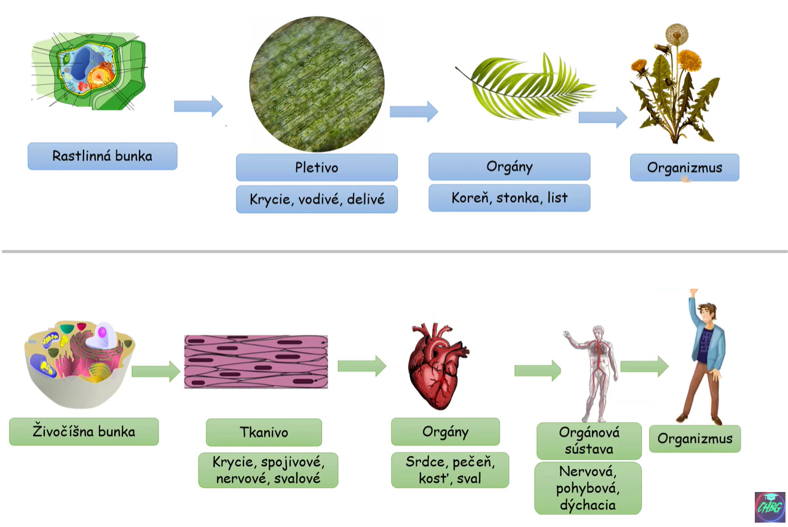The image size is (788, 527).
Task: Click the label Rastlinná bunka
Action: click(x=102, y=156)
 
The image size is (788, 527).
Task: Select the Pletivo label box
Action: click(x=317, y=167)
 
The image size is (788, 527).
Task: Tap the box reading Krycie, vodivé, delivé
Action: click(x=317, y=199)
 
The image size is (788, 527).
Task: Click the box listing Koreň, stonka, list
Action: click(x=509, y=198)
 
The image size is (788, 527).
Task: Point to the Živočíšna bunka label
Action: click(x=84, y=431)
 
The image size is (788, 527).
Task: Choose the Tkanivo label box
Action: click(x=264, y=432)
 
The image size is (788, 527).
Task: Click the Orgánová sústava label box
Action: click(x=589, y=440)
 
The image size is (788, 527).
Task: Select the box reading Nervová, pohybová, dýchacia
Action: click(x=588, y=488)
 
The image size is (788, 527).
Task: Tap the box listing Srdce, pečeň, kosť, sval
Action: click(x=450, y=470)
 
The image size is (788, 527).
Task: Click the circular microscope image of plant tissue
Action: click(x=317, y=84)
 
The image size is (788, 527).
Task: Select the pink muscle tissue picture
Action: click(x=256, y=362)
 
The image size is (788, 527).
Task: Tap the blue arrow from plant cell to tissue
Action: click(x=198, y=106)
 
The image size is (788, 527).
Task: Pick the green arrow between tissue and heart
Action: click(x=361, y=366)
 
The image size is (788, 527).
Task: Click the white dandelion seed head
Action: click(x=677, y=33)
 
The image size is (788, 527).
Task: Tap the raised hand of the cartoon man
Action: click(x=693, y=292)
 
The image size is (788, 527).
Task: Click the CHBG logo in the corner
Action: click(x=770, y=507)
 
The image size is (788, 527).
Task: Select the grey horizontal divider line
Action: click(x=394, y=251)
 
